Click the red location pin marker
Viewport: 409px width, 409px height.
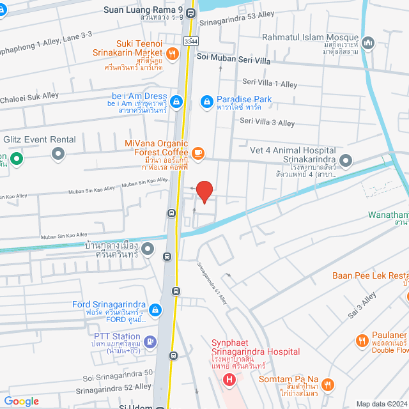204,191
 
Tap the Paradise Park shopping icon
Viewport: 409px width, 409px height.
206,101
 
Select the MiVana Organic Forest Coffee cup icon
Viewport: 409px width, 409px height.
198,152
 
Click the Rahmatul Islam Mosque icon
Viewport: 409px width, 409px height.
368,43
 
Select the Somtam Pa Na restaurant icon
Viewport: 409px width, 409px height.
328,384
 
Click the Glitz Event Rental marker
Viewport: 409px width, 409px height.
59,153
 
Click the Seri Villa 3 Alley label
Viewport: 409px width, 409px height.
267,123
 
